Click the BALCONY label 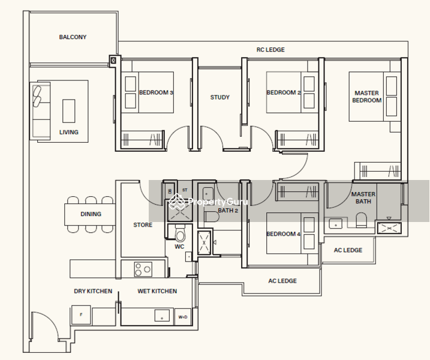pos(73,37)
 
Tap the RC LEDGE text pos(270,50)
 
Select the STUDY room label pos(219,97)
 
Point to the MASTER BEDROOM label pos(366,97)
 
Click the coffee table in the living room pos(68,111)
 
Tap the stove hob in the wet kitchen pos(143,269)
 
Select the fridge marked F pos(81,315)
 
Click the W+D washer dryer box pos(183,317)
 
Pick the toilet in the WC pos(180,233)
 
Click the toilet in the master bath pos(361,220)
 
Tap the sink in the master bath pos(336,223)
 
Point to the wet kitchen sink pos(162,315)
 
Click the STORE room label pos(143,225)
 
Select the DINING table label pos(91,214)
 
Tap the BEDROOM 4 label pos(283,234)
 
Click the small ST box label pos(185,190)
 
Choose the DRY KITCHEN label pos(93,291)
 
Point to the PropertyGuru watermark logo pos(209,202)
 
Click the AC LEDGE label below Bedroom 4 pos(282,281)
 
